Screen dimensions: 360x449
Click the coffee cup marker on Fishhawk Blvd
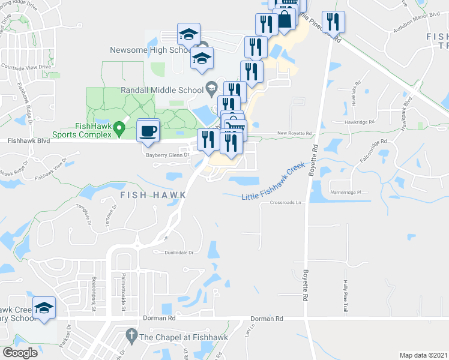[148, 129]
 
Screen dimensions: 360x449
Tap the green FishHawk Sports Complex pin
[119, 127]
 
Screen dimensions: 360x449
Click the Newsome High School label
[151, 50]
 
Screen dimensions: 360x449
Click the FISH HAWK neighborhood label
[152, 195]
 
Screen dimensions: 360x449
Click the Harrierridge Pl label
[348, 193]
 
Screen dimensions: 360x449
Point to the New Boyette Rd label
[295, 133]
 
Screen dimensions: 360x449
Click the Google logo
[20, 352]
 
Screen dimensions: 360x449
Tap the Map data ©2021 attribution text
[424, 355]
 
